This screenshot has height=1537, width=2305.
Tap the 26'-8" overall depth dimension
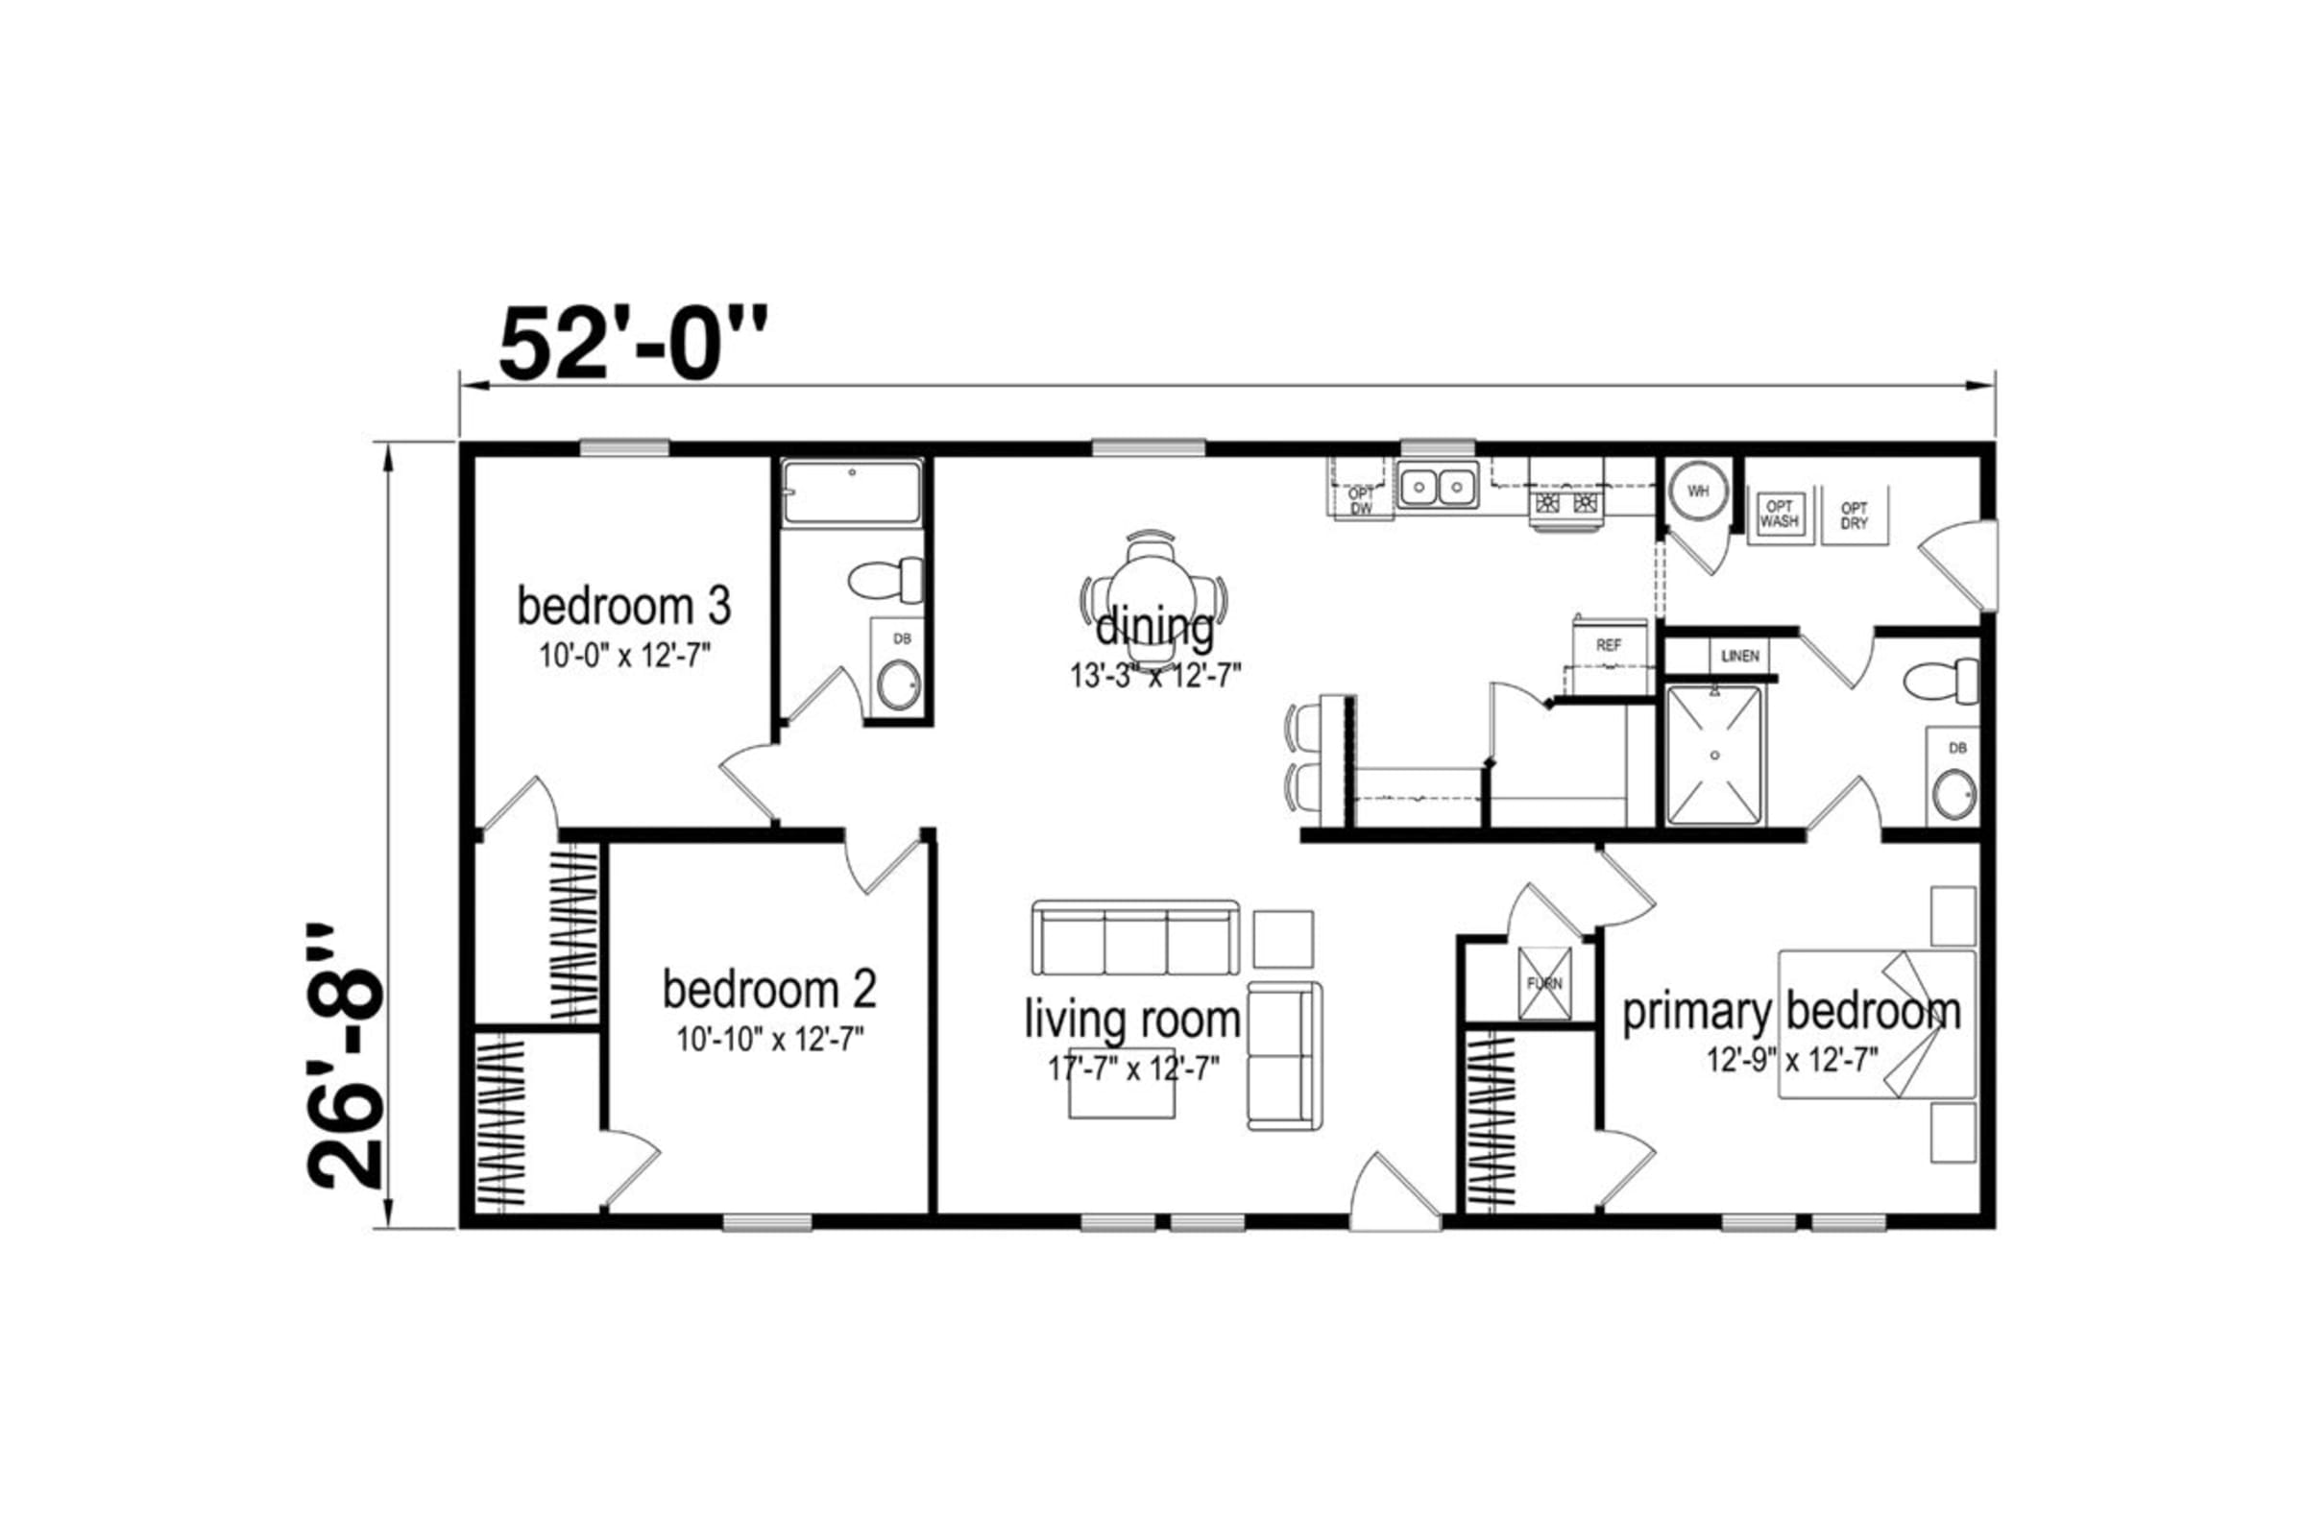pos(346,1056)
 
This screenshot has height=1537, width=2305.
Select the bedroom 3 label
pos(623,607)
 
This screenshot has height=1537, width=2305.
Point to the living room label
pos(1132,1020)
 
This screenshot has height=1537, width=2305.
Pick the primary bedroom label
pos(1791,1012)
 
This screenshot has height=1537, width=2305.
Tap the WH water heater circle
pos(1698,491)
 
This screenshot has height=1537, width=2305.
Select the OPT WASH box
pos(1779,515)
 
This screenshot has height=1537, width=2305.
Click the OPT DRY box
pos(1854,516)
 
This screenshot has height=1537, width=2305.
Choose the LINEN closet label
pos(1740,656)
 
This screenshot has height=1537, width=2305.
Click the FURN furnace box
pos(1544,982)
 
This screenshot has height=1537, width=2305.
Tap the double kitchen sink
pos(1438,485)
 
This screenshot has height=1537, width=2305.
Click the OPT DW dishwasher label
pos(1361,501)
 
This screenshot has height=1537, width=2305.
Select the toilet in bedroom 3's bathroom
pos(886,580)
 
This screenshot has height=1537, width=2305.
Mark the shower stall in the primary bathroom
pos(1714,755)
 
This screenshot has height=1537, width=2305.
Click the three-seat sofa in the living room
pos(1135,938)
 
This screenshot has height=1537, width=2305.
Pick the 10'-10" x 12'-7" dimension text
pos(769,1039)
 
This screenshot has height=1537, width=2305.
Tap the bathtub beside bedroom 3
pos(852,493)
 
